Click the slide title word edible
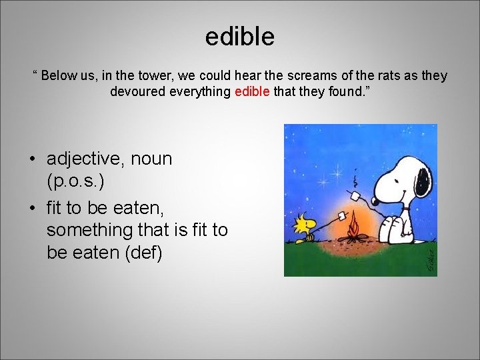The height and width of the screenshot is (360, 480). coord(239,37)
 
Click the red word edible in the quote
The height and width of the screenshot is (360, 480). coord(252,91)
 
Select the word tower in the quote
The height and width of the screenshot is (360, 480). coord(139,75)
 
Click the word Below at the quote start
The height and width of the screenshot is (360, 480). coord(59,75)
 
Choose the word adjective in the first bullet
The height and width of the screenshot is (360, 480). coord(85,159)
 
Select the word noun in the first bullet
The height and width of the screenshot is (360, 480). coord(151,159)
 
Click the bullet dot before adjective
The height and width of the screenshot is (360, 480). coord(31,160)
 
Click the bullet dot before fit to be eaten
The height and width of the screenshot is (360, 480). coord(31,208)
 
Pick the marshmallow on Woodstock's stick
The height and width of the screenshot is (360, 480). coord(343,216)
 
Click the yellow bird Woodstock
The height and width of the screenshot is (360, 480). coord(306,225)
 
